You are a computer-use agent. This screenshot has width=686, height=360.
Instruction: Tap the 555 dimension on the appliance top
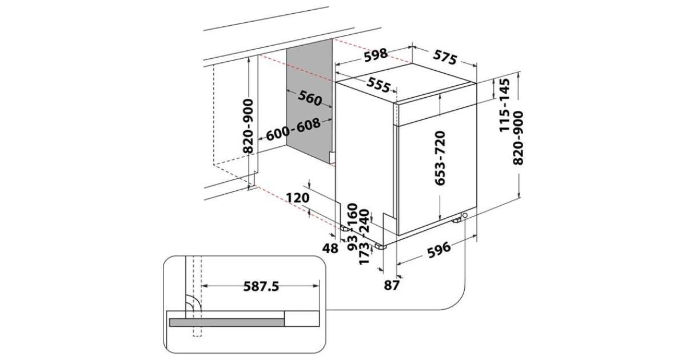[x=378, y=86]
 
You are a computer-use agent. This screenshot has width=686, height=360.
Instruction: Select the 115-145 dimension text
[x=505, y=106]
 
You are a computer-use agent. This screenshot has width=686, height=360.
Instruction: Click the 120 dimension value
[x=298, y=198]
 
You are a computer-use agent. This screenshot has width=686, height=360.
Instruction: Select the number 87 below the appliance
[x=390, y=285]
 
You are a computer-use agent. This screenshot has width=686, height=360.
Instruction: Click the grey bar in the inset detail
[x=226, y=323]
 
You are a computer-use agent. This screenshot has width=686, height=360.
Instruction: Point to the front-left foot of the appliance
[x=379, y=247]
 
